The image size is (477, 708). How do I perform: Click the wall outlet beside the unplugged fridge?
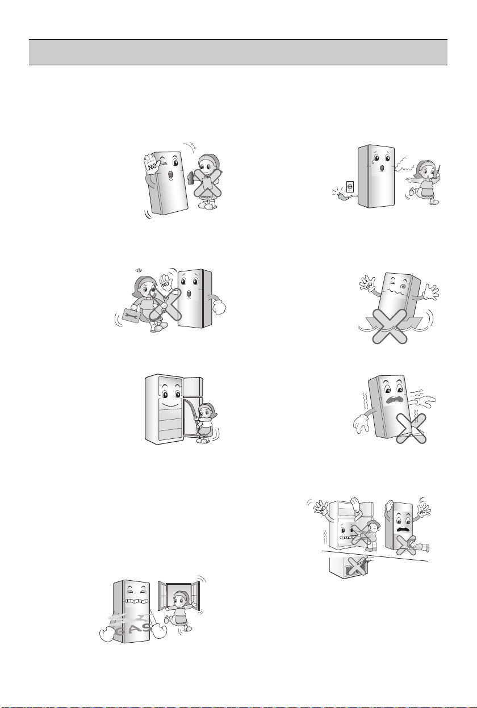350,187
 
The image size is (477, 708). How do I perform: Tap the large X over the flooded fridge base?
390,327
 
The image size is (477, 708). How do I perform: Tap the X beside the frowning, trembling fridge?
411,429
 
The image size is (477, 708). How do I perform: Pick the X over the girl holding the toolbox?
165,304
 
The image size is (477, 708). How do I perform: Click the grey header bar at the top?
238,52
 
